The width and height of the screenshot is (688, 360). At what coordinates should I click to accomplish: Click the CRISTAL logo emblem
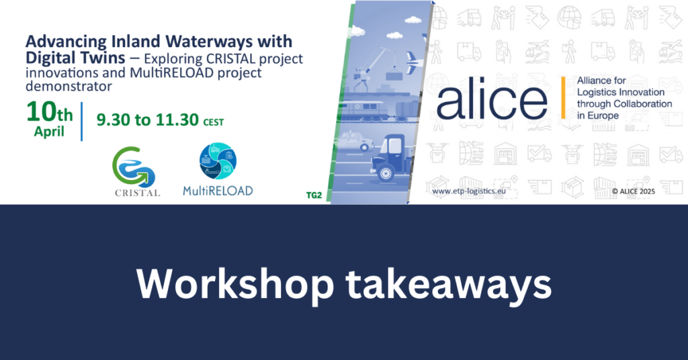coord(134,166)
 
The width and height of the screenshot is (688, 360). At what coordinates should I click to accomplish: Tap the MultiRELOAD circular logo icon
coord(218,161)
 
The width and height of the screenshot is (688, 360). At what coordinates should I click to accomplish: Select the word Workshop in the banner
coord(235,284)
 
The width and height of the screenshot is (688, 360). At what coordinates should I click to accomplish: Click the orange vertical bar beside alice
coord(563,97)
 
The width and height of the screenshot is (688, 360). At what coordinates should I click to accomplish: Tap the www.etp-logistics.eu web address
coord(468,191)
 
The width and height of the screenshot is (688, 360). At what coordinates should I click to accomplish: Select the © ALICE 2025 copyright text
coord(633,191)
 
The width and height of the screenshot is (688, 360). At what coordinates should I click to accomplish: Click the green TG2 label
coord(314,195)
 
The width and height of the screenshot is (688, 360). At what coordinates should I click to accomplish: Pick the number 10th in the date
coord(50,112)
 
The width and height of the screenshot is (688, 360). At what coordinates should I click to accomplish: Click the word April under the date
coord(49,132)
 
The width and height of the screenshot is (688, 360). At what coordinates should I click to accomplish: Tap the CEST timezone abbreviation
coord(213,122)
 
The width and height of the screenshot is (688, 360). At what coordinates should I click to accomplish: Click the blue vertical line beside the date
coord(81,122)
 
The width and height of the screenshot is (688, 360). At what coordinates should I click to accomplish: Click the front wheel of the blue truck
coord(386,174)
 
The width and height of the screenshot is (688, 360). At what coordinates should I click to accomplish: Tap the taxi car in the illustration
coord(355,141)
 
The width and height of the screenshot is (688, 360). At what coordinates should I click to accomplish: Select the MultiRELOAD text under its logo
coord(218,191)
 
